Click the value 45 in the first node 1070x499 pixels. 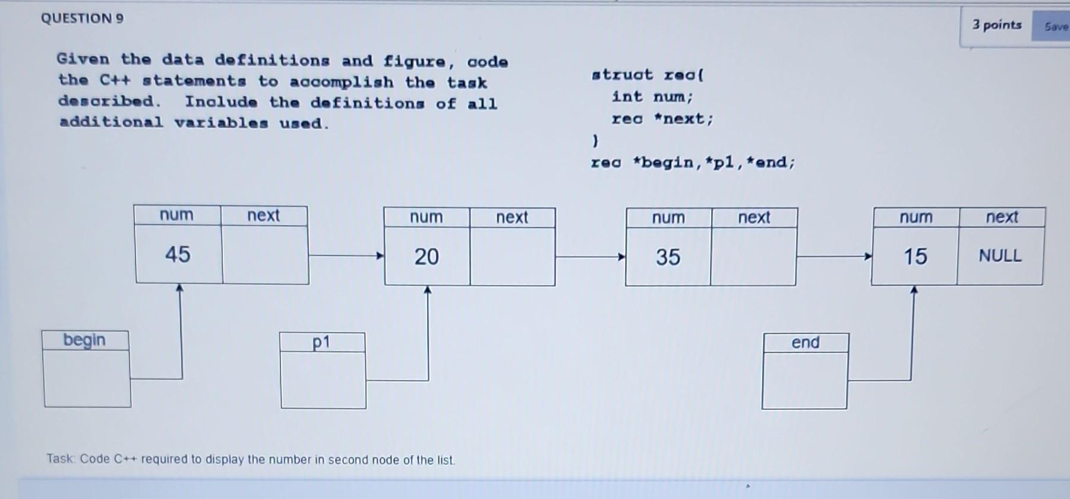tap(178, 254)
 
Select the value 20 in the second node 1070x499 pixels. tap(427, 257)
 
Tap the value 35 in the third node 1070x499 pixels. tap(668, 257)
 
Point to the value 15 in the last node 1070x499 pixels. tap(915, 257)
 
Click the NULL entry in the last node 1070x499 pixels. tap(1000, 256)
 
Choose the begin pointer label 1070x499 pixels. tap(84, 340)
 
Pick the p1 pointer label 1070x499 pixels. tap(321, 342)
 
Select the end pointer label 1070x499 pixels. tap(805, 343)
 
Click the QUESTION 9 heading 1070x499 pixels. tap(82, 18)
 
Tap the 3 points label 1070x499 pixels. tap(997, 25)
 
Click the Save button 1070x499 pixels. tap(1056, 27)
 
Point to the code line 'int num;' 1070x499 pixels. tap(652, 96)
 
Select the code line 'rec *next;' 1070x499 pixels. tap(662, 119)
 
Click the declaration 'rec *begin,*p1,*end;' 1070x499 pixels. tap(692, 162)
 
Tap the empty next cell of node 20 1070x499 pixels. tap(512, 257)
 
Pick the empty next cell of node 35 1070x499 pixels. tap(753, 257)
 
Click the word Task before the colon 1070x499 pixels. tap(61, 459)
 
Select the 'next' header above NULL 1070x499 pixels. tap(1002, 217)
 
